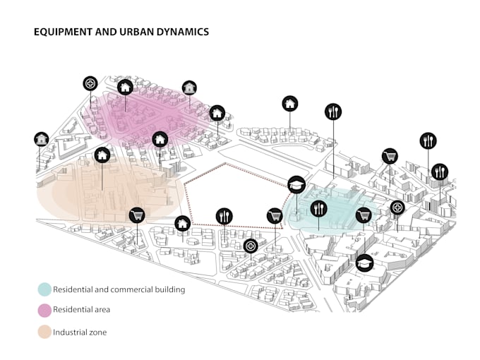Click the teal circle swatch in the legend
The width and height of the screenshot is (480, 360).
tap(44, 289)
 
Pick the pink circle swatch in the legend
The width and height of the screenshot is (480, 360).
tap(44, 310)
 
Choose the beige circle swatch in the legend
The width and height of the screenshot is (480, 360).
tap(44, 332)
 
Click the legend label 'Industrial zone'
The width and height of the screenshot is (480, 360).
tap(80, 332)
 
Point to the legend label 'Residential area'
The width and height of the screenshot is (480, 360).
tap(83, 310)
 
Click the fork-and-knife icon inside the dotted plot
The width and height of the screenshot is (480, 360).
tap(224, 215)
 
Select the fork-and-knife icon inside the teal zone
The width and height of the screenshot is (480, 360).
tap(319, 208)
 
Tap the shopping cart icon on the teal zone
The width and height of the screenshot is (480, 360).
tap(364, 215)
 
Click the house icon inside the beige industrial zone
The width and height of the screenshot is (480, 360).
tap(102, 154)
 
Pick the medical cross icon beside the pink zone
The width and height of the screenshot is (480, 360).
tap(90, 84)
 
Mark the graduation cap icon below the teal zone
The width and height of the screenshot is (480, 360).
tap(364, 263)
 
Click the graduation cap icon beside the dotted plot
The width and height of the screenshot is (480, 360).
tap(296, 185)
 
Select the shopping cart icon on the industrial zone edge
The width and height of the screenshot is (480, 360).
tap(136, 215)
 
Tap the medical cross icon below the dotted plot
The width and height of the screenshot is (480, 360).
tap(251, 246)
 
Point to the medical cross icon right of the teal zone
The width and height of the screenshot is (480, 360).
tap(397, 208)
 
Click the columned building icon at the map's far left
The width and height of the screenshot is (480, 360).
tap(42, 139)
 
